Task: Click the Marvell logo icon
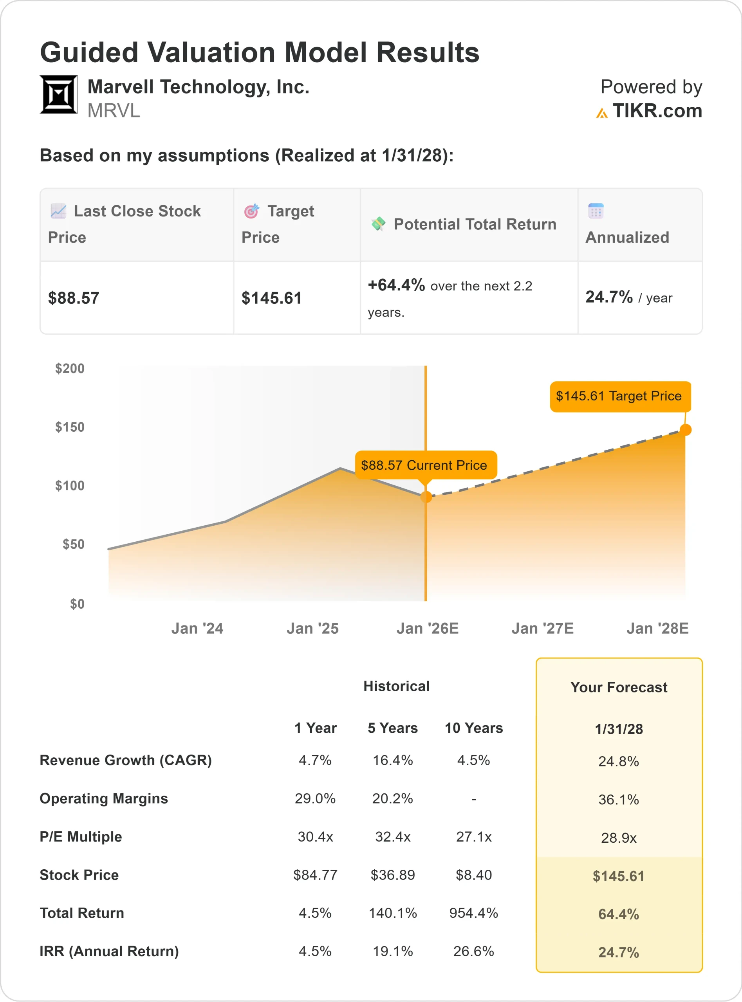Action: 59,94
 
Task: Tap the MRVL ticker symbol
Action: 114,111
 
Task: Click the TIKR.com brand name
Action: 657,111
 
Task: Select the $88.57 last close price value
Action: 74,298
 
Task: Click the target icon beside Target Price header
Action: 251,211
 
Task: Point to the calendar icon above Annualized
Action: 596,211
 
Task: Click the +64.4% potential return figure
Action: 396,285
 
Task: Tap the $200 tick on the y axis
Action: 70,369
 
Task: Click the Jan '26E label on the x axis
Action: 427,629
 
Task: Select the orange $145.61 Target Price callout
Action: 620,396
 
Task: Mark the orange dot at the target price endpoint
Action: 685,430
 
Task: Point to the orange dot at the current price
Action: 426,497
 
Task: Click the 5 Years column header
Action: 393,728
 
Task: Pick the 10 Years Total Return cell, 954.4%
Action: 473,913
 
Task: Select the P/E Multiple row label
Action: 81,837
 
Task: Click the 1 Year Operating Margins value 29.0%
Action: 315,798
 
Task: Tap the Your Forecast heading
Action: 619,687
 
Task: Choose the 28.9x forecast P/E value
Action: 619,838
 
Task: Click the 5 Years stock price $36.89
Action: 393,875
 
